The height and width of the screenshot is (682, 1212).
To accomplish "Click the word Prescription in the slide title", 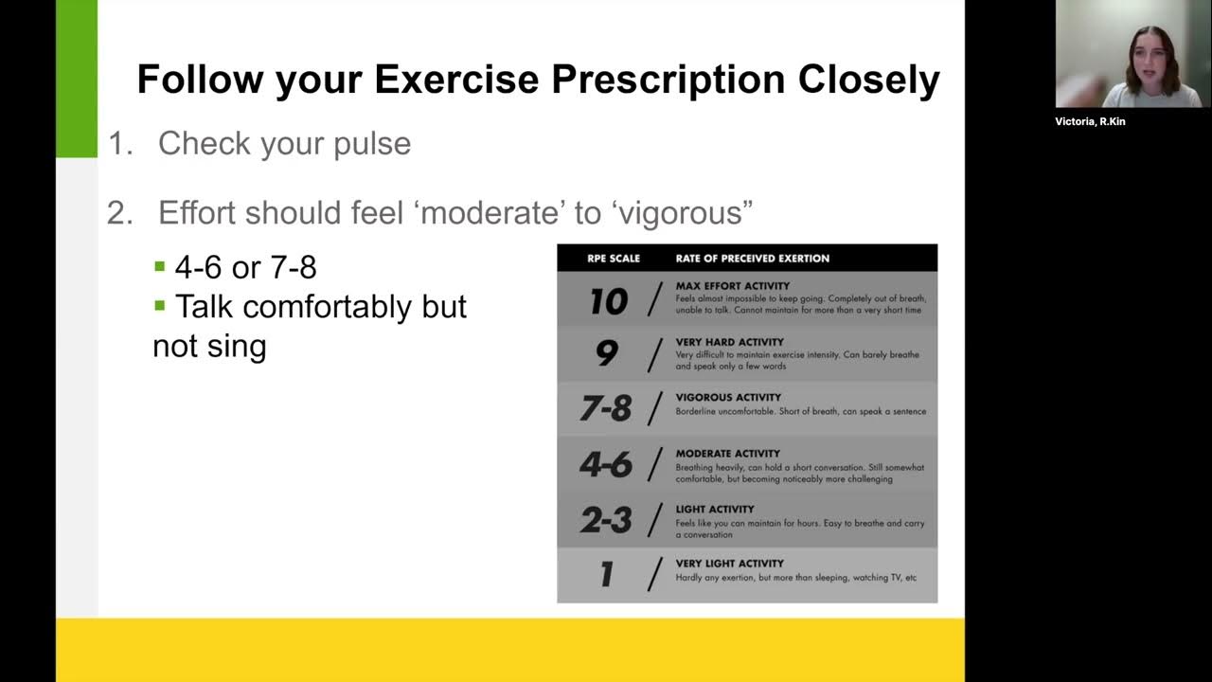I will pyautogui.click(x=668, y=80).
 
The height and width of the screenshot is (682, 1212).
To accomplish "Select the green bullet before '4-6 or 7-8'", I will pyautogui.click(x=160, y=267).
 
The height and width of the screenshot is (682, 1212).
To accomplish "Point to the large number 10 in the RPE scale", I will pyautogui.click(x=608, y=301).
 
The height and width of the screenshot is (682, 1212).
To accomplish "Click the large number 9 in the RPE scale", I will pyautogui.click(x=607, y=353).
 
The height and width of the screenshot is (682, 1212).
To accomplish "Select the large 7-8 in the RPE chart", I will pyautogui.click(x=606, y=408).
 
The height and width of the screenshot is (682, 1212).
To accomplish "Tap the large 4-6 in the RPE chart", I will pyautogui.click(x=606, y=464).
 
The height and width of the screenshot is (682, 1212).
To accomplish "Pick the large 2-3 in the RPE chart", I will pyautogui.click(x=606, y=519).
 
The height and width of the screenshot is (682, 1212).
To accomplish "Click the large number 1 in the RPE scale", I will pyautogui.click(x=607, y=574).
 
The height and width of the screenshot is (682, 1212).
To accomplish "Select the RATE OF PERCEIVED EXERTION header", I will pyautogui.click(x=752, y=258).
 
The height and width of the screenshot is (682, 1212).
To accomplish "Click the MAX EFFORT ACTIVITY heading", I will pyautogui.click(x=732, y=286).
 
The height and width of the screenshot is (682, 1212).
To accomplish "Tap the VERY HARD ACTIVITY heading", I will pyautogui.click(x=729, y=342).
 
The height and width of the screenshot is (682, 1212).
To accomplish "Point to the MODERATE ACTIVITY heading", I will pyautogui.click(x=727, y=454).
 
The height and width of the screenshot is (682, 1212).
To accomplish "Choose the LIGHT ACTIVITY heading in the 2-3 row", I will pyautogui.click(x=715, y=509).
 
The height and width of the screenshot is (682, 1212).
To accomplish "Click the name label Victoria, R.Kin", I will pyautogui.click(x=1090, y=121).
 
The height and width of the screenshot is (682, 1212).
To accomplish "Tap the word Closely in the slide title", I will pyautogui.click(x=868, y=80).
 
